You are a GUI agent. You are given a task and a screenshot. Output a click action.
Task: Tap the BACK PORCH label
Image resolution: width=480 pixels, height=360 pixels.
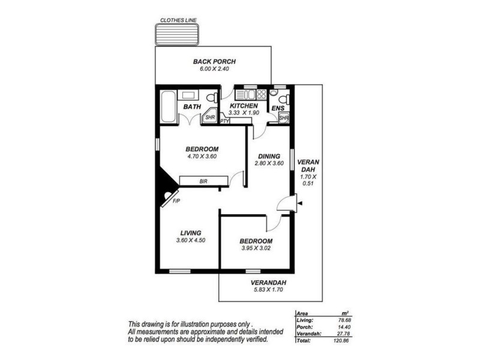pos(214,62)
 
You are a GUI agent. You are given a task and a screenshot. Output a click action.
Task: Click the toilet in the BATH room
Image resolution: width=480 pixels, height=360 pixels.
pos(211,98)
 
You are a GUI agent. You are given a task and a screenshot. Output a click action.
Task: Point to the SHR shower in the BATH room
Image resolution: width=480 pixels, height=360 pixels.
pos(210,117)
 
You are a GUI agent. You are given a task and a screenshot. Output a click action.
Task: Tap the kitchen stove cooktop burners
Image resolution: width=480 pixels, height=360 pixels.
pos(261,95)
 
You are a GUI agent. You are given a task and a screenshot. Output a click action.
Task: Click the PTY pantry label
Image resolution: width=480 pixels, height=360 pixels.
pos(225,121)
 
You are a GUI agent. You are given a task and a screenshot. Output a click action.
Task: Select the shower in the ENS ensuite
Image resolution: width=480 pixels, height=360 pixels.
pos(284,118)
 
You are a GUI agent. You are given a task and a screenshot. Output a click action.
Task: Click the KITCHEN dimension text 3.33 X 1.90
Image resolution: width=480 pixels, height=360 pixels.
pos(244,113)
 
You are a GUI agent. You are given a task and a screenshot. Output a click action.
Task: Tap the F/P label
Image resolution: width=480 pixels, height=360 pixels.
pos(176,200)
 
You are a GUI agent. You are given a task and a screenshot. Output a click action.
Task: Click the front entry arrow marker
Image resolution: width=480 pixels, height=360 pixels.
pos(300,204)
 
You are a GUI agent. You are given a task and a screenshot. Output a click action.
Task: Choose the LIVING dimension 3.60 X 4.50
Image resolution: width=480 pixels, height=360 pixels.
pos(190,241)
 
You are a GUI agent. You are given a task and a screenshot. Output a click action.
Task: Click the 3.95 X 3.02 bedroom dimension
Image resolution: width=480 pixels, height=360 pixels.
pos(257,247)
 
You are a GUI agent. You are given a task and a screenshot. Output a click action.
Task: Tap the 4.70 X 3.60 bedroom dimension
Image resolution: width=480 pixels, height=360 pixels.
pos(202,157)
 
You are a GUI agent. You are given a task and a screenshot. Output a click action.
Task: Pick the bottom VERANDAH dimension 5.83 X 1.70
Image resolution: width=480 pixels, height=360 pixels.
pos(268,290)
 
